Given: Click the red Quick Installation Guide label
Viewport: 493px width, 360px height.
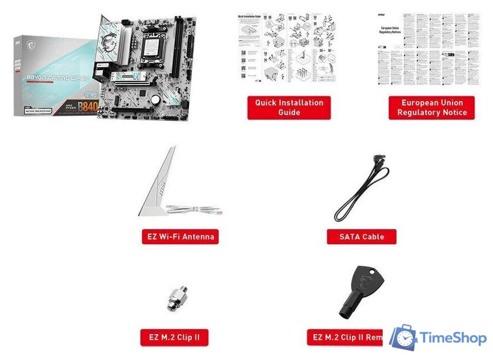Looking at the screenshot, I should click(289, 107).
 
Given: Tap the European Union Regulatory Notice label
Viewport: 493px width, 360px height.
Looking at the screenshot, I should click(431, 107).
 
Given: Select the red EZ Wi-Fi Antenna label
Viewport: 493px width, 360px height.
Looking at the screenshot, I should click(180, 237).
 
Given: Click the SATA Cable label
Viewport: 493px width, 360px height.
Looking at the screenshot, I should click(362, 237).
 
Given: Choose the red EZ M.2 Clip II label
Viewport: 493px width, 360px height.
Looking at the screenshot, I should click(175, 337).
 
